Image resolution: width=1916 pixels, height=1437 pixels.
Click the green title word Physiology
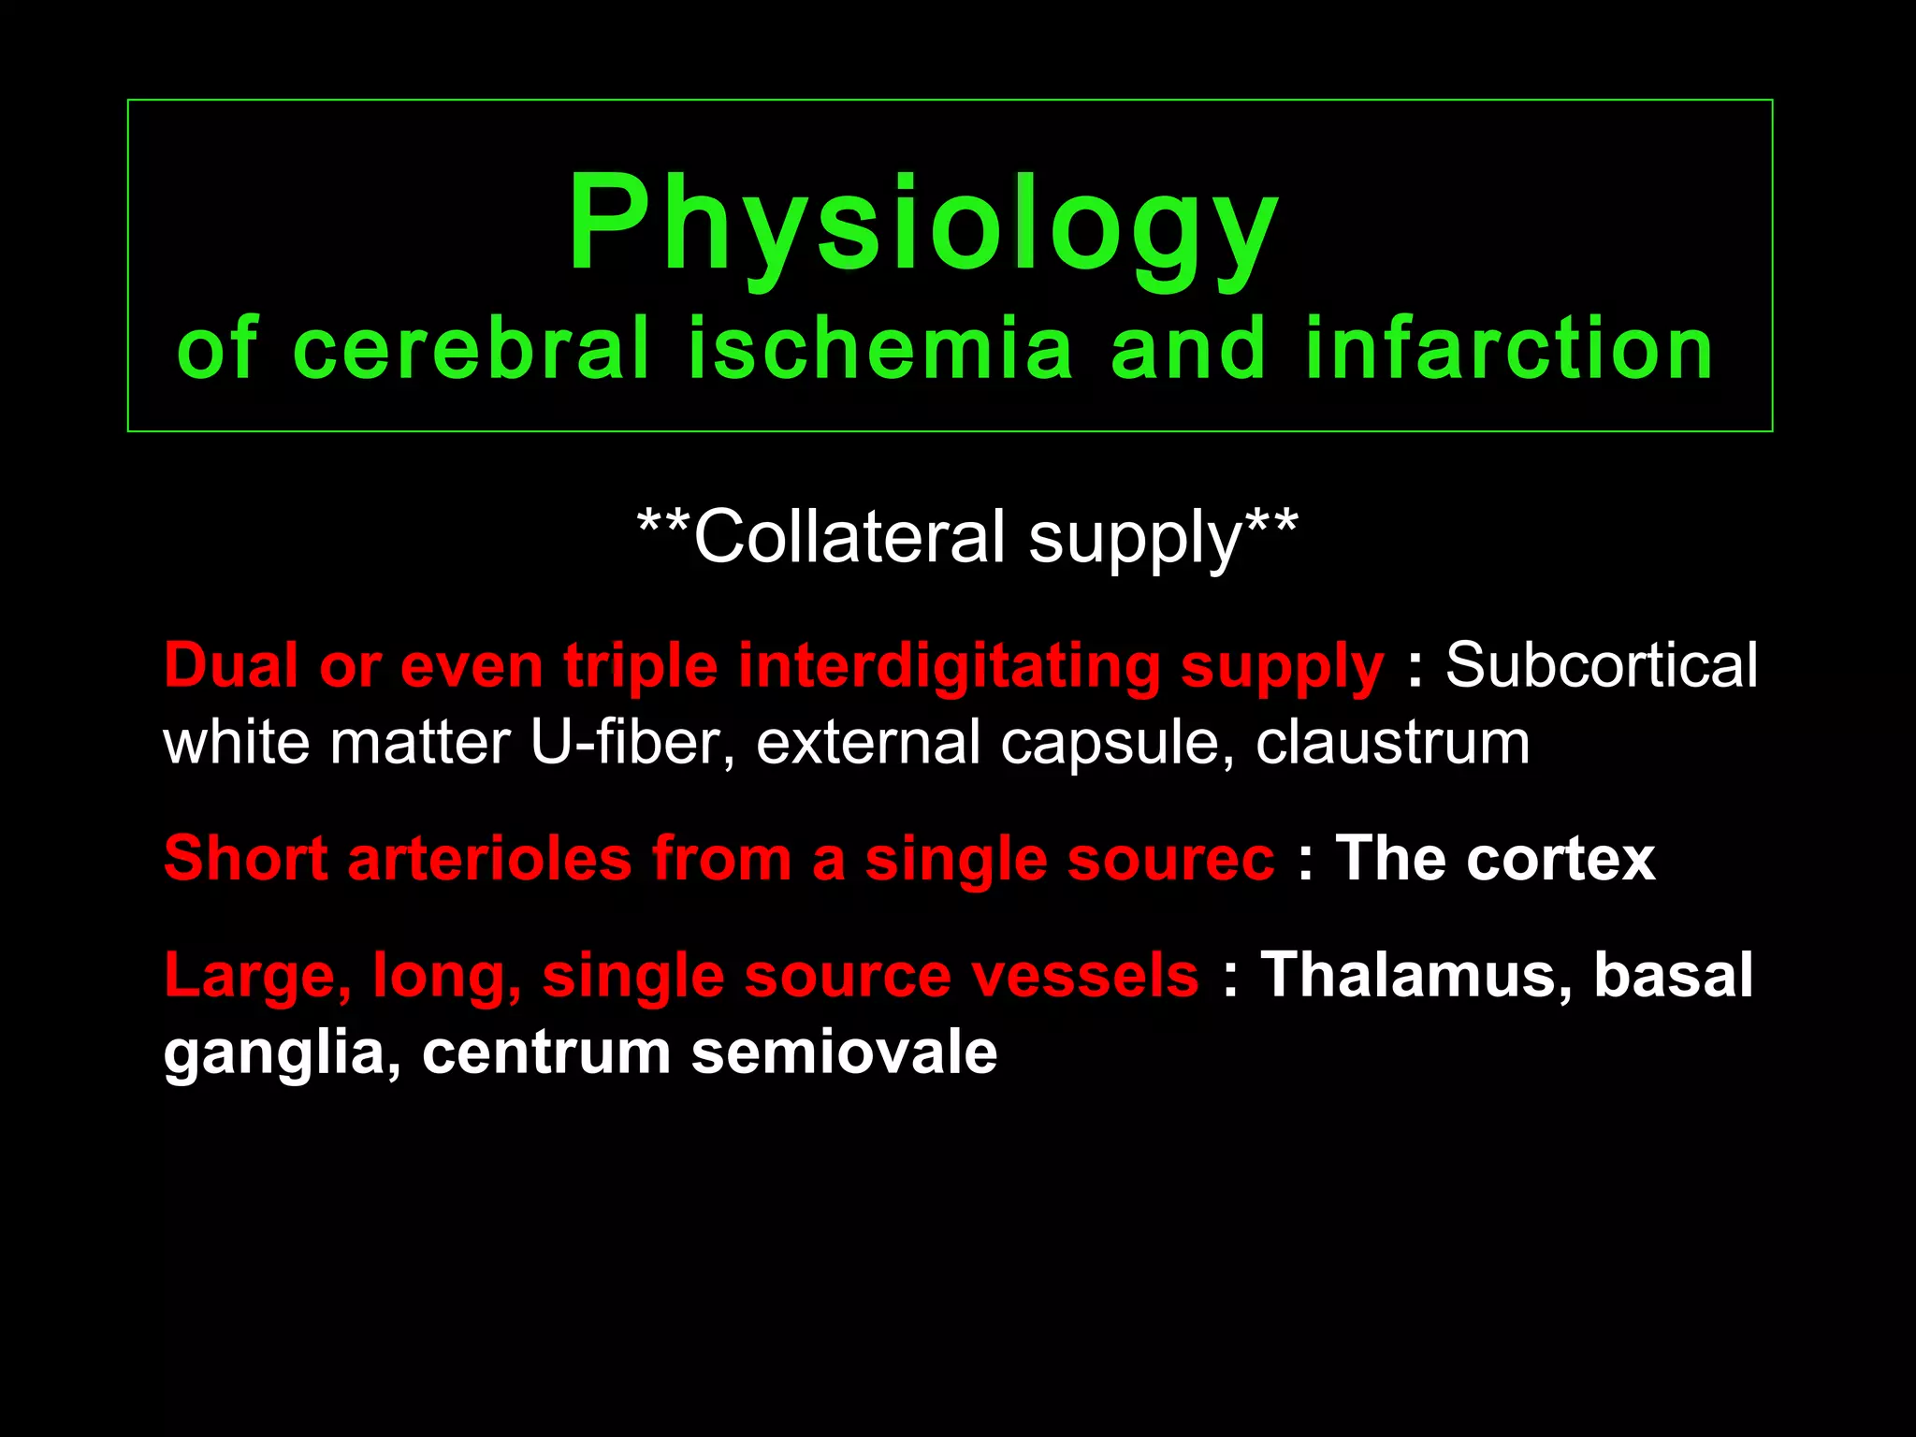(x=922, y=225)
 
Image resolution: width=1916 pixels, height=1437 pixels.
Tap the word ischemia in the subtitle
(x=880, y=348)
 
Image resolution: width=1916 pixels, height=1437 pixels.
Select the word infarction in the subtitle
(x=1508, y=348)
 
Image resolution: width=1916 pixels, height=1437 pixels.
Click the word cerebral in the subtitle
(x=471, y=348)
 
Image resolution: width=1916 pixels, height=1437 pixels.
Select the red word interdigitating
(x=949, y=666)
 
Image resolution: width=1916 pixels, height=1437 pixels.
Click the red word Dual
(x=232, y=666)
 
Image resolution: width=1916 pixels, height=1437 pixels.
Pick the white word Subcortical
(x=1601, y=666)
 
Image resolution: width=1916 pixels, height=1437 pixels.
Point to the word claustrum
(x=1392, y=743)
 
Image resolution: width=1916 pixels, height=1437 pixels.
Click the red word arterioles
(x=489, y=859)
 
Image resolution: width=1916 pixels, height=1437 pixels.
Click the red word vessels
(x=1084, y=975)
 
